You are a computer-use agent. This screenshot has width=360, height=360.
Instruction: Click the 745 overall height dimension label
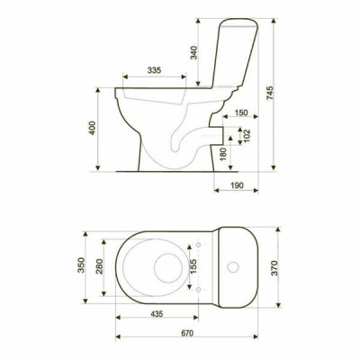[270, 93]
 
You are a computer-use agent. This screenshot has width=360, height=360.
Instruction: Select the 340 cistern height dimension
[194, 52]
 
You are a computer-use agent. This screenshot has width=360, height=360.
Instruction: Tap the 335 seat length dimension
[154, 70]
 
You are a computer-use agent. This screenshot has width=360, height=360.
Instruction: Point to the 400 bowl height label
[93, 128]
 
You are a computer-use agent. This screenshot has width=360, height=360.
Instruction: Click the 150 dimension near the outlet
[241, 112]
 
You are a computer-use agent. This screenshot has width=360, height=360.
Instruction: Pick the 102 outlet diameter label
[247, 136]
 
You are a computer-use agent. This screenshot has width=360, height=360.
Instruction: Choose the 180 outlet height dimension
[223, 154]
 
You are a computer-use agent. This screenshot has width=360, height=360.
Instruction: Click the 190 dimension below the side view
[237, 185]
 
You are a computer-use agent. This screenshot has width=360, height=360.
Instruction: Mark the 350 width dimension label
[81, 265]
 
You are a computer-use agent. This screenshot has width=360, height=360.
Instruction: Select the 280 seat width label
[99, 266]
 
